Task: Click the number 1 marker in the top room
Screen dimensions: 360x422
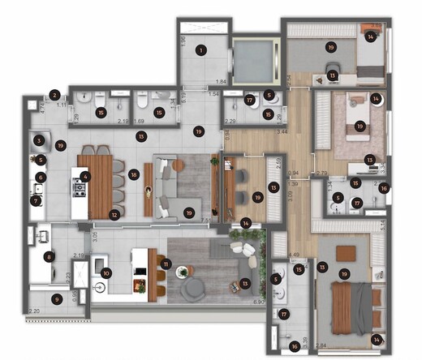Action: (x=200, y=50)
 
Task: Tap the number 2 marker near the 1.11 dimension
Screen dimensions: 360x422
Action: (x=54, y=96)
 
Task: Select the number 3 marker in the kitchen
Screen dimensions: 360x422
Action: (x=39, y=140)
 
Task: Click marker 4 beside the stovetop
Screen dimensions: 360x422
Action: (x=85, y=176)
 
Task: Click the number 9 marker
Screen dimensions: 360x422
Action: (x=56, y=299)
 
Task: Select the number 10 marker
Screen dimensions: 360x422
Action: (x=105, y=272)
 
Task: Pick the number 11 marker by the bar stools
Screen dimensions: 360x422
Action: (x=166, y=264)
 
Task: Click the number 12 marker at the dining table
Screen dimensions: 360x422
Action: (x=114, y=215)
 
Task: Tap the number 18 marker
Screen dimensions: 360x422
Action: (x=133, y=174)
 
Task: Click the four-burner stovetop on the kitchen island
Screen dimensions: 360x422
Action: (x=80, y=191)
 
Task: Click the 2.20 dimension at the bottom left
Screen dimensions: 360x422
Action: (x=33, y=311)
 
